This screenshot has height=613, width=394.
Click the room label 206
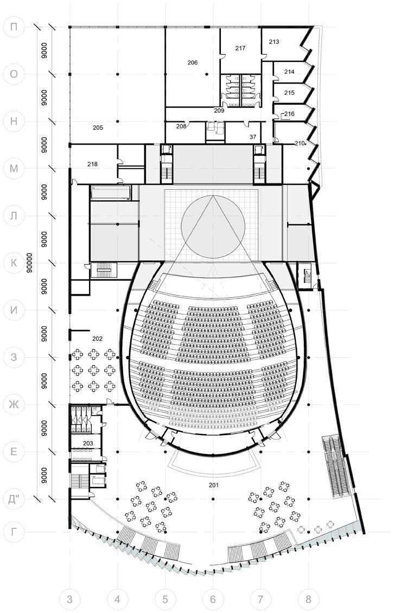[193, 63]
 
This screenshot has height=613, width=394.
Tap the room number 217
[240, 48]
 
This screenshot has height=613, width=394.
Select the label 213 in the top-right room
[274, 42]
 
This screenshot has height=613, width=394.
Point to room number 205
[98, 127]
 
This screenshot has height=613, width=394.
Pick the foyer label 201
[213, 485]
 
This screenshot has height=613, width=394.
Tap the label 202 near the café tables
[98, 339]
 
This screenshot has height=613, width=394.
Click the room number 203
[88, 443]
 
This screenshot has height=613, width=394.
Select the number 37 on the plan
[253, 137]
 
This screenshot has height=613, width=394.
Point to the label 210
[300, 143]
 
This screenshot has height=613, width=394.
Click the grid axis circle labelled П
[14, 27]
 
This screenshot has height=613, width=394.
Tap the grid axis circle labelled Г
[14, 531]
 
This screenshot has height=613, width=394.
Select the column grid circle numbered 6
[213, 599]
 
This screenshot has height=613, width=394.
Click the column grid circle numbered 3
[69, 599]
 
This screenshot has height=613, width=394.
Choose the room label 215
[289, 93]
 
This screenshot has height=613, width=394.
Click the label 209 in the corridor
[219, 111]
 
